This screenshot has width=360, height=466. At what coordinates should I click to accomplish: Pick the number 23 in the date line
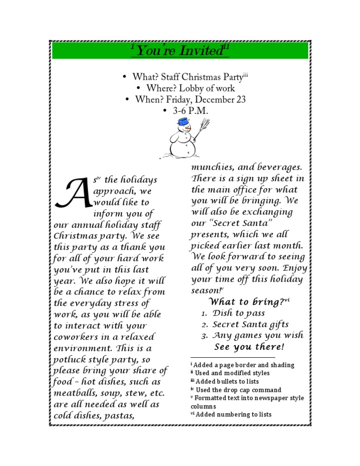240,99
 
